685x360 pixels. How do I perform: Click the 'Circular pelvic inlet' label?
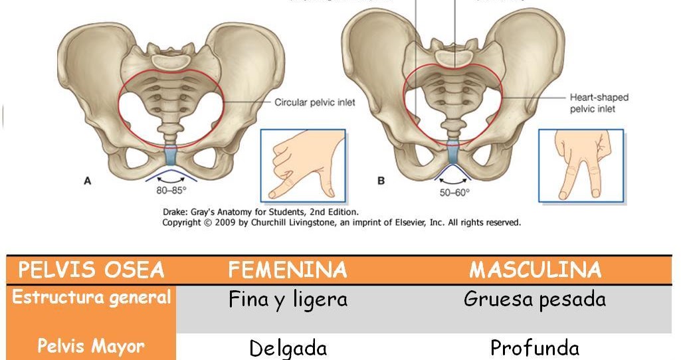pyautogui.click(x=315, y=102)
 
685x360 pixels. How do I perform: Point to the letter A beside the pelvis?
pyautogui.click(x=87, y=180)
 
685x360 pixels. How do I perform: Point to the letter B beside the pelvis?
pyautogui.click(x=381, y=180)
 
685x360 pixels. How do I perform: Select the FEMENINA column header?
pyautogui.click(x=288, y=270)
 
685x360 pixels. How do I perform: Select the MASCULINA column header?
pyautogui.click(x=535, y=270)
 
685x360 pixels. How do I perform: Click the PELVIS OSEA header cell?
pyautogui.click(x=91, y=270)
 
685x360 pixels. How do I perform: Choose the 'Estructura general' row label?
pyautogui.click(x=92, y=298)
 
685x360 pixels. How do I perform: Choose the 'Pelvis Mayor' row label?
pyautogui.click(x=91, y=345)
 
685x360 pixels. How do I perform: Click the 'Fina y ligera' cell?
pyautogui.click(x=288, y=300)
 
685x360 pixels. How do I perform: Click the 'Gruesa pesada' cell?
pyautogui.click(x=535, y=300)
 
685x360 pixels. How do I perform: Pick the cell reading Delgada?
pyautogui.click(x=288, y=348)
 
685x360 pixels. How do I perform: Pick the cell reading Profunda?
pyautogui.click(x=535, y=348)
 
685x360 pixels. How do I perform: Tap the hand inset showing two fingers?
pyautogui.click(x=580, y=165)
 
